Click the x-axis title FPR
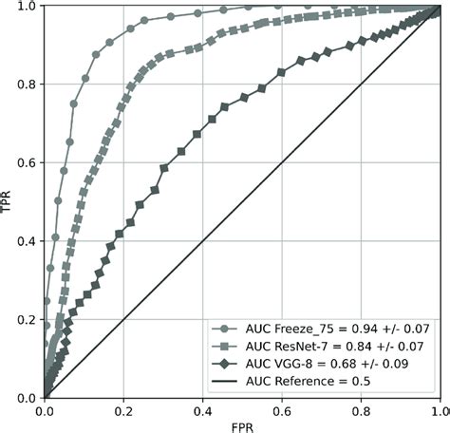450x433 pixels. coord(242,426)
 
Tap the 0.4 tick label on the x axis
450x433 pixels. coord(202,409)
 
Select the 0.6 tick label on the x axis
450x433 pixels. coord(281,409)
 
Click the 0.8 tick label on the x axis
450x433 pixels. coord(360,409)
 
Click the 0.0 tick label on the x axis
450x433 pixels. coord(44,409)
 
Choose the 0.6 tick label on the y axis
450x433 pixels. coord(28,162)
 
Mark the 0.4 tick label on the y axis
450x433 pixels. coord(28,241)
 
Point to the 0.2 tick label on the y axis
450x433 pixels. coord(28,320)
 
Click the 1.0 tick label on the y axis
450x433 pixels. coord(28,7)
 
